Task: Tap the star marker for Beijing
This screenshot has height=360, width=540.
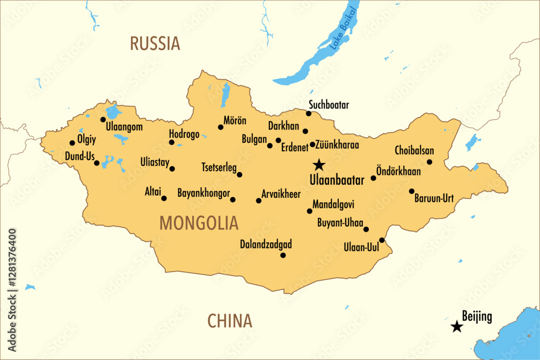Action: tap(457, 326)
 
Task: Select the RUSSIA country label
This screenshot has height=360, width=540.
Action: tap(154, 43)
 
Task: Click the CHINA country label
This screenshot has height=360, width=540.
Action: tap(230, 321)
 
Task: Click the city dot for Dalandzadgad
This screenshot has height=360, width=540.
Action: tap(282, 255)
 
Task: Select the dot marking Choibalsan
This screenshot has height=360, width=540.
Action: tap(429, 162)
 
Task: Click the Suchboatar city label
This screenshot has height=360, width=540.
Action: tap(329, 105)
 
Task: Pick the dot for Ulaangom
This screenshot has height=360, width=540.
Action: tap(103, 119)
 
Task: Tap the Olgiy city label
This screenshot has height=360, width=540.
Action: tap(86, 139)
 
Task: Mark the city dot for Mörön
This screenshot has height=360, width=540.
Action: tap(220, 127)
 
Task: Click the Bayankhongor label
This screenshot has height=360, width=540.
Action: tap(204, 193)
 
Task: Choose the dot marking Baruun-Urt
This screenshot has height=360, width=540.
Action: tap(411, 191)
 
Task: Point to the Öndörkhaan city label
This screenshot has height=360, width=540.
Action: tap(399, 172)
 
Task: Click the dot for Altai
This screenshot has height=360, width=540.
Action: tap(164, 198)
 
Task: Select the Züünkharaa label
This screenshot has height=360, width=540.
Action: tap(338, 145)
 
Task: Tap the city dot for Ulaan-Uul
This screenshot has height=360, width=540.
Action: tap(382, 240)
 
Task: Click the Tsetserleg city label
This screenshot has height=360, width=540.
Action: tap(219, 167)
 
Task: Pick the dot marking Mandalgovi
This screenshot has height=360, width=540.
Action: tap(309, 211)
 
